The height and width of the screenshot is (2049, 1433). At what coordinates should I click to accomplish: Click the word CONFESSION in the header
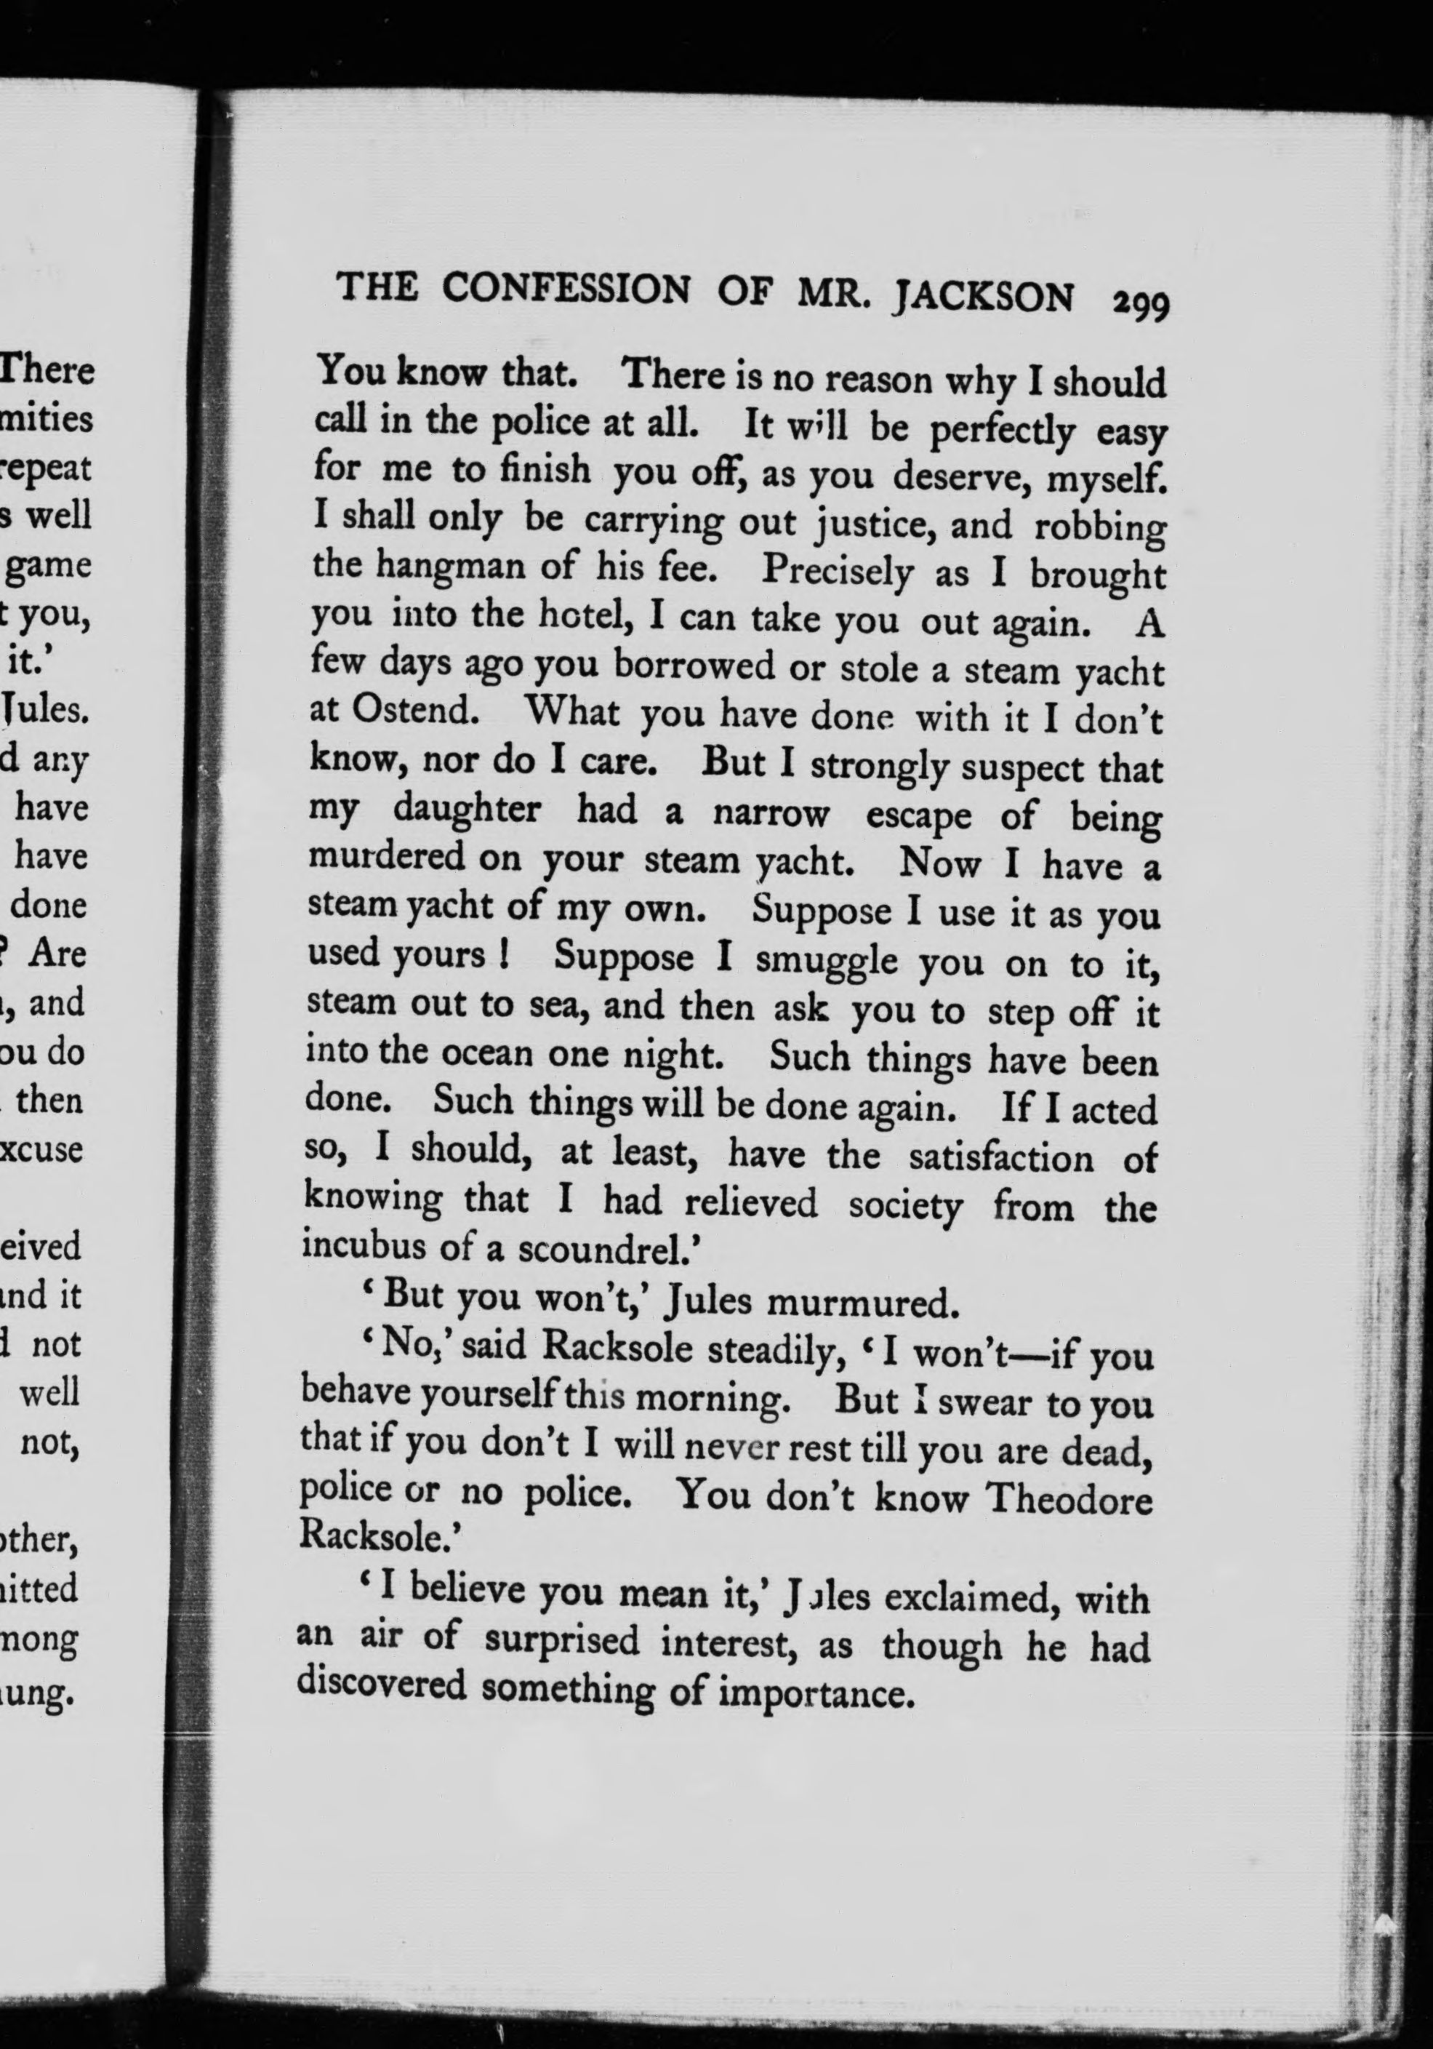click(566, 290)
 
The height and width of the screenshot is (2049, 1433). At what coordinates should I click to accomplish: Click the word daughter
click(467, 810)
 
